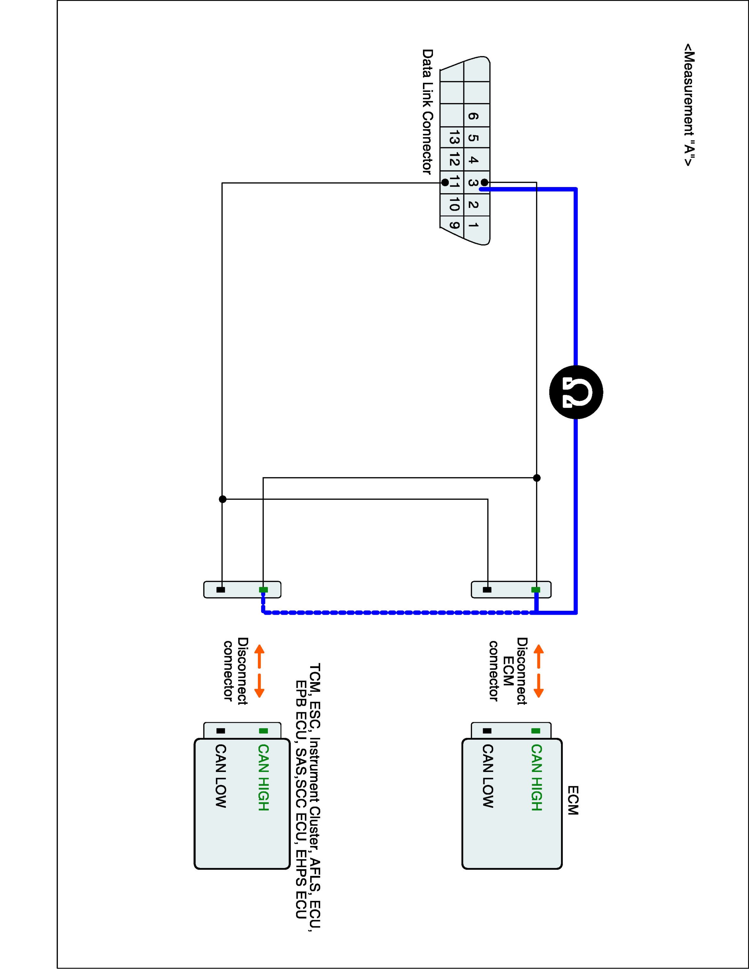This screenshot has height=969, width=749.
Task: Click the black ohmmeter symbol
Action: [x=575, y=392]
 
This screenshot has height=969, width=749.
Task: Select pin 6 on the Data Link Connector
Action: [x=473, y=116]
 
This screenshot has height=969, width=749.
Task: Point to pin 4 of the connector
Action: [x=473, y=160]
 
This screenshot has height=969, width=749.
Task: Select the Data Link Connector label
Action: [x=427, y=111]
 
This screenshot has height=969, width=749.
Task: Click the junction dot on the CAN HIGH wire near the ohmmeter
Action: [x=536, y=478]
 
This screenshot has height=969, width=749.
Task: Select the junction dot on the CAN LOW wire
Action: [x=223, y=499]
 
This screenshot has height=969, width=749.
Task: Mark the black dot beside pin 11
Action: [x=445, y=183]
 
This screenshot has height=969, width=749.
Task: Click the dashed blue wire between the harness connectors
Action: [x=399, y=613]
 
